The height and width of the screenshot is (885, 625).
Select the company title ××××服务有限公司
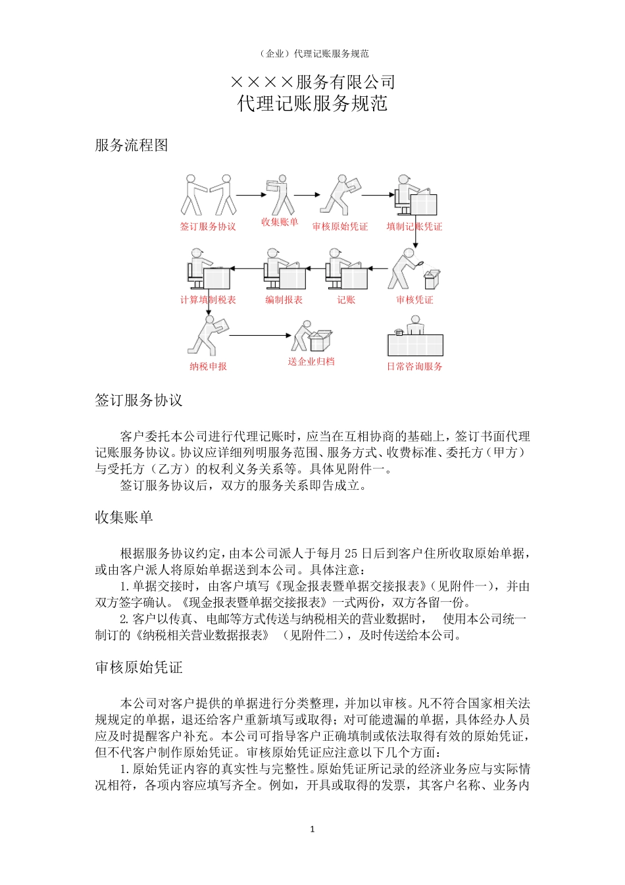coord(312,82)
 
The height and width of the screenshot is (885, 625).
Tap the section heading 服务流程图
coord(132,145)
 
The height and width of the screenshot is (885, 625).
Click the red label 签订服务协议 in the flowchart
coord(208,227)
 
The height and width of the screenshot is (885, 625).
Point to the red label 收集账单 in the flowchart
coord(280,222)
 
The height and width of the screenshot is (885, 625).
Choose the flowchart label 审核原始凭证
coord(340,227)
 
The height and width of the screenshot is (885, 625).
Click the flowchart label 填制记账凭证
coord(414,227)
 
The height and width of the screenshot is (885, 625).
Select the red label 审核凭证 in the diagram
coord(414,300)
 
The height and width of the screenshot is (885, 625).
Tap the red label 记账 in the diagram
coord(346,300)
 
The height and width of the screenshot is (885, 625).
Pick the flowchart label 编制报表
coord(284,300)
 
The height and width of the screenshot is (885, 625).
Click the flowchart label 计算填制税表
coord(208,300)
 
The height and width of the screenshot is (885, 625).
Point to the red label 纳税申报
coord(208,366)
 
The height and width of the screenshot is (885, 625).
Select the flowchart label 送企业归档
coord(311,362)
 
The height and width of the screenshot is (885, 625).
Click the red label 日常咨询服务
coord(414,366)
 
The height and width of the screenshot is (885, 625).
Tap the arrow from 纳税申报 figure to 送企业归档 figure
coord(259,335)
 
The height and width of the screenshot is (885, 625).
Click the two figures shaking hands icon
coord(209,195)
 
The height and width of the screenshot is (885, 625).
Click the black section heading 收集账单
coord(124,518)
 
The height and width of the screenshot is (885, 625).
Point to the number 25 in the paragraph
coord(351,553)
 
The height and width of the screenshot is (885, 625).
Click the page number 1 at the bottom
coord(312,829)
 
